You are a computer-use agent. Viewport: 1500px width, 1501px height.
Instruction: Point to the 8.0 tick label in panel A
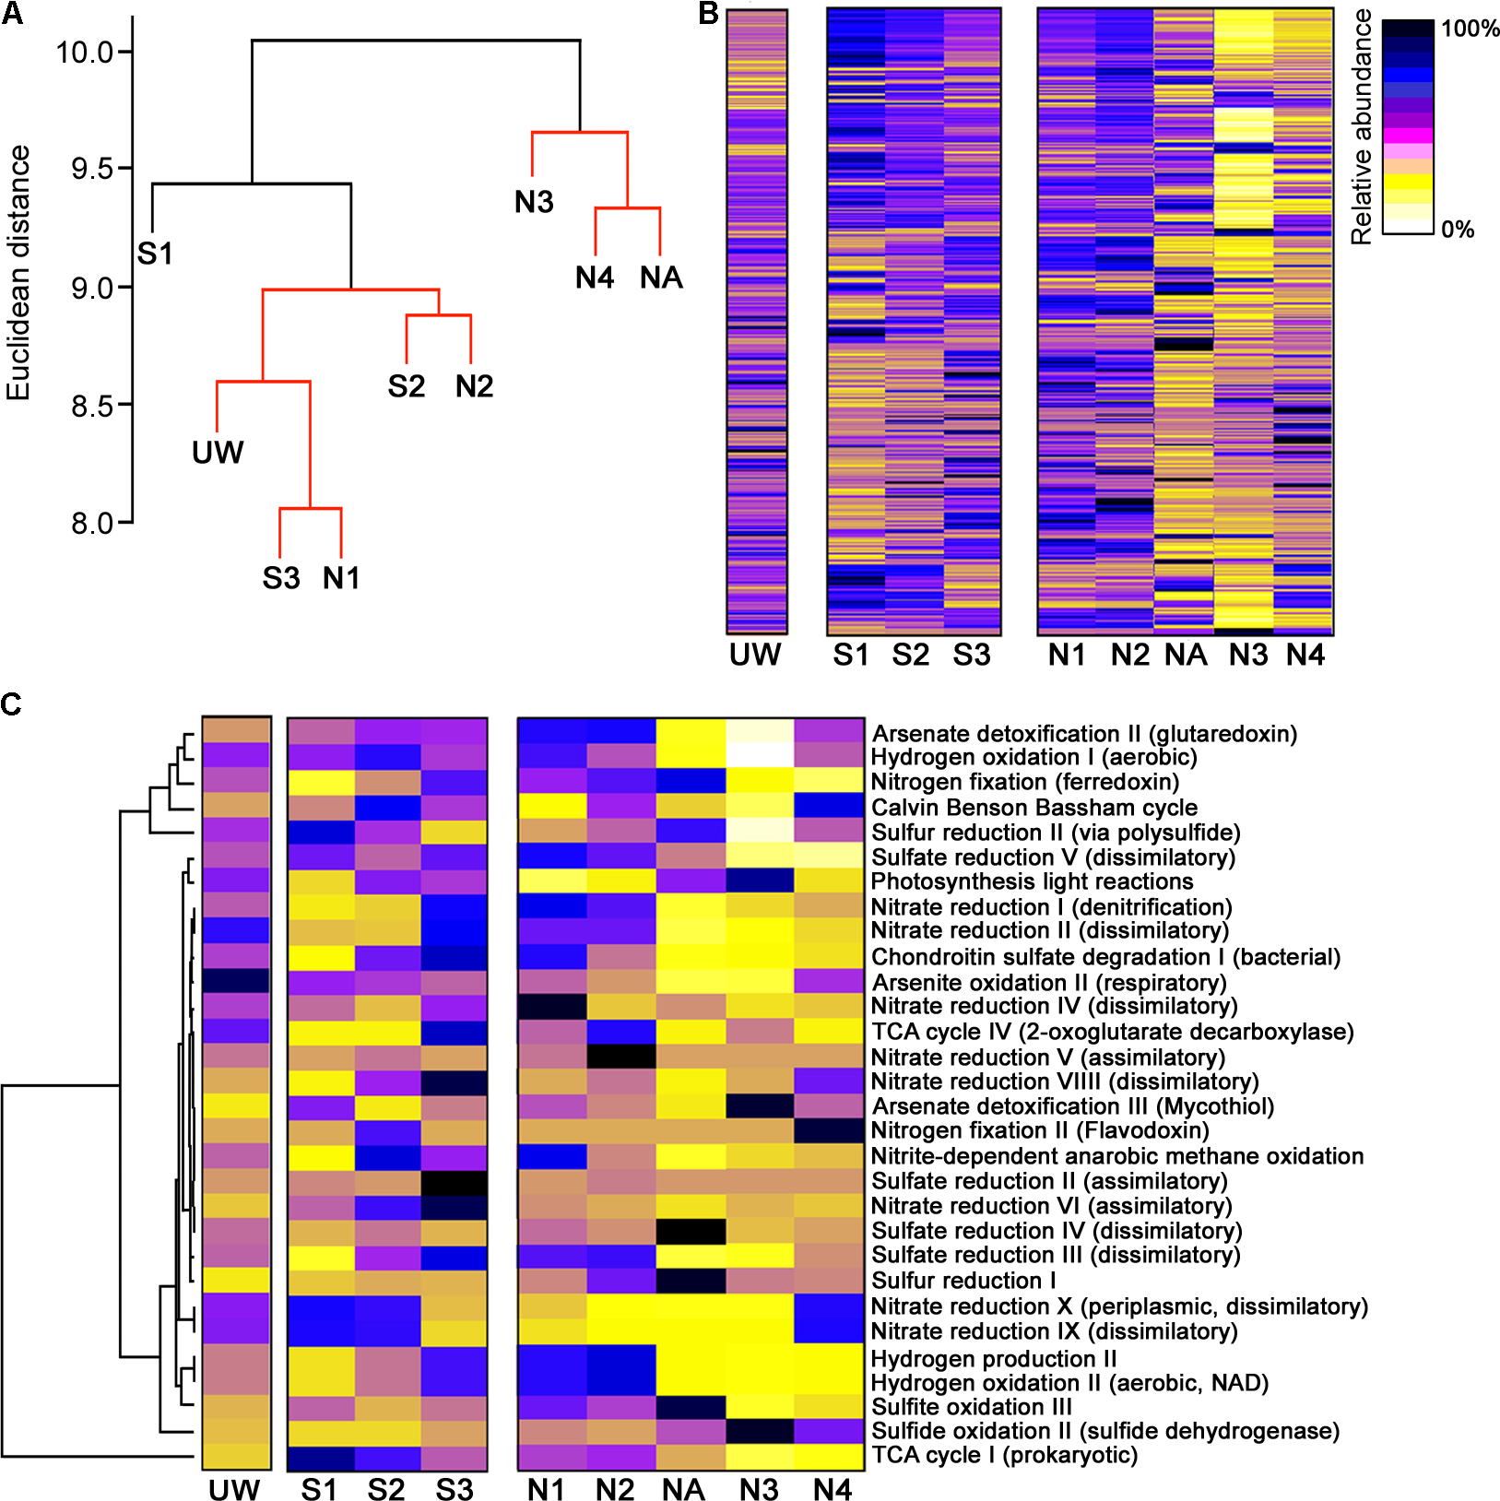tap(92, 524)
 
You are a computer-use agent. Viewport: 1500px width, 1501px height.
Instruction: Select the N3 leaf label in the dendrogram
tap(534, 202)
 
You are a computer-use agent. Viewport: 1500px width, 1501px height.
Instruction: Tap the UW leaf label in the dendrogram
tap(218, 453)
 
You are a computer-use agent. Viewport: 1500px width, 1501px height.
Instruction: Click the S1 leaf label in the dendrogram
tap(155, 254)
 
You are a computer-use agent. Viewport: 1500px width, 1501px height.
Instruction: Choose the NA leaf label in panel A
tap(661, 278)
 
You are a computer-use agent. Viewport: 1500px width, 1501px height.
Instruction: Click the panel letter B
tap(708, 14)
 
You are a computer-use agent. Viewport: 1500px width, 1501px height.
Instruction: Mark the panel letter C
tap(12, 704)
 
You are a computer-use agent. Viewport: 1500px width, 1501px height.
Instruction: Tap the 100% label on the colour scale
tap(1470, 29)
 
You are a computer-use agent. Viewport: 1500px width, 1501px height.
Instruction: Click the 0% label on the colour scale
tap(1458, 230)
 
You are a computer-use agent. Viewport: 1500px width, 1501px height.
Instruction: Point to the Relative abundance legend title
tap(1361, 127)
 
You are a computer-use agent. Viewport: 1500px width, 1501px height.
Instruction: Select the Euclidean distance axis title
tap(18, 273)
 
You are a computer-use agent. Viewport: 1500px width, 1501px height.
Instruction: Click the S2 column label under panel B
tap(910, 655)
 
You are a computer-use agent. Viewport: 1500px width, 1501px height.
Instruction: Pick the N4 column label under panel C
tap(832, 1490)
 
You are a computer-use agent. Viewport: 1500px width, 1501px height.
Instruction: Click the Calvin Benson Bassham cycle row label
tap(1034, 808)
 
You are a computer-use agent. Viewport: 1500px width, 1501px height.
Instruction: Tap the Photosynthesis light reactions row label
tap(1032, 882)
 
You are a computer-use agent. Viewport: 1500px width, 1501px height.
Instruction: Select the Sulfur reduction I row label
tap(963, 1281)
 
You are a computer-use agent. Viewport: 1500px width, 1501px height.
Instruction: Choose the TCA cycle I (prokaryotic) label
tap(1005, 1455)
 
